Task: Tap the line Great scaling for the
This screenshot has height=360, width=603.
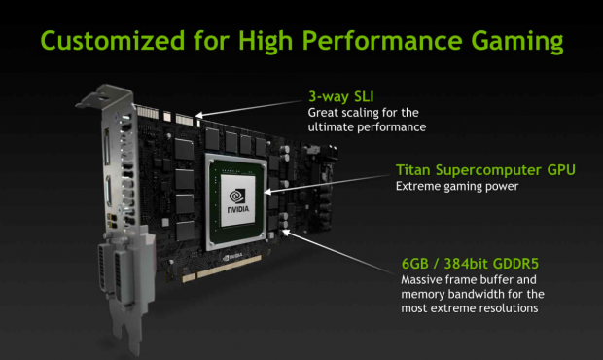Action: pos(364,113)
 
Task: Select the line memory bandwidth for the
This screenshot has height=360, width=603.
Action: pos(473,294)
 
